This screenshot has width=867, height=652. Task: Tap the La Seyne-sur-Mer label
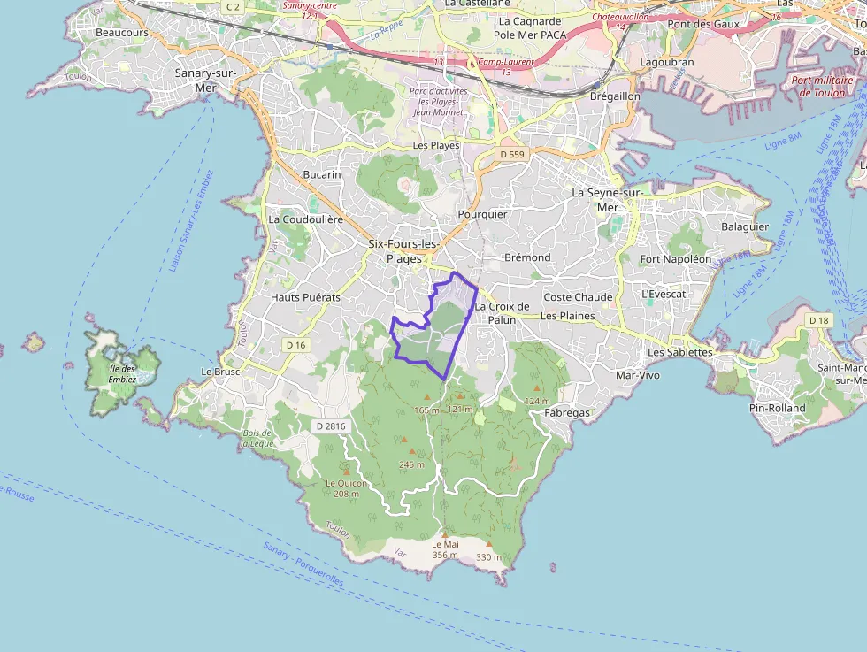pos(606,199)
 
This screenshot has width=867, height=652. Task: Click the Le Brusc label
pos(220,372)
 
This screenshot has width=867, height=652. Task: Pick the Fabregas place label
pos(566,412)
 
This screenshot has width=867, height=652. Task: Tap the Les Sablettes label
pos(679,352)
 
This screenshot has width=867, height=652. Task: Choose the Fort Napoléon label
pos(675,259)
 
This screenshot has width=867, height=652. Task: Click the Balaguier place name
pos(745,226)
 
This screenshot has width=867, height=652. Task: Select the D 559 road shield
pos(511,155)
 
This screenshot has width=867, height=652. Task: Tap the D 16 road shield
pos(295,344)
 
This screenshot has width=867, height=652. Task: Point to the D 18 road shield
pos(818,319)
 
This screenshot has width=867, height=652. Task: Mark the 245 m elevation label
pos(411,464)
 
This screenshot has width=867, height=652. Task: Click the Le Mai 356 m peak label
pos(445,549)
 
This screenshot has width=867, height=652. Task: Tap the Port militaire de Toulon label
pos(822,86)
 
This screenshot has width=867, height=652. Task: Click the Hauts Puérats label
pos(305,297)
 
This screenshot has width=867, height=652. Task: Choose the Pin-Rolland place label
pos(776,408)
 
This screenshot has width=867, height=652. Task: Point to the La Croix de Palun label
pos(502,312)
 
